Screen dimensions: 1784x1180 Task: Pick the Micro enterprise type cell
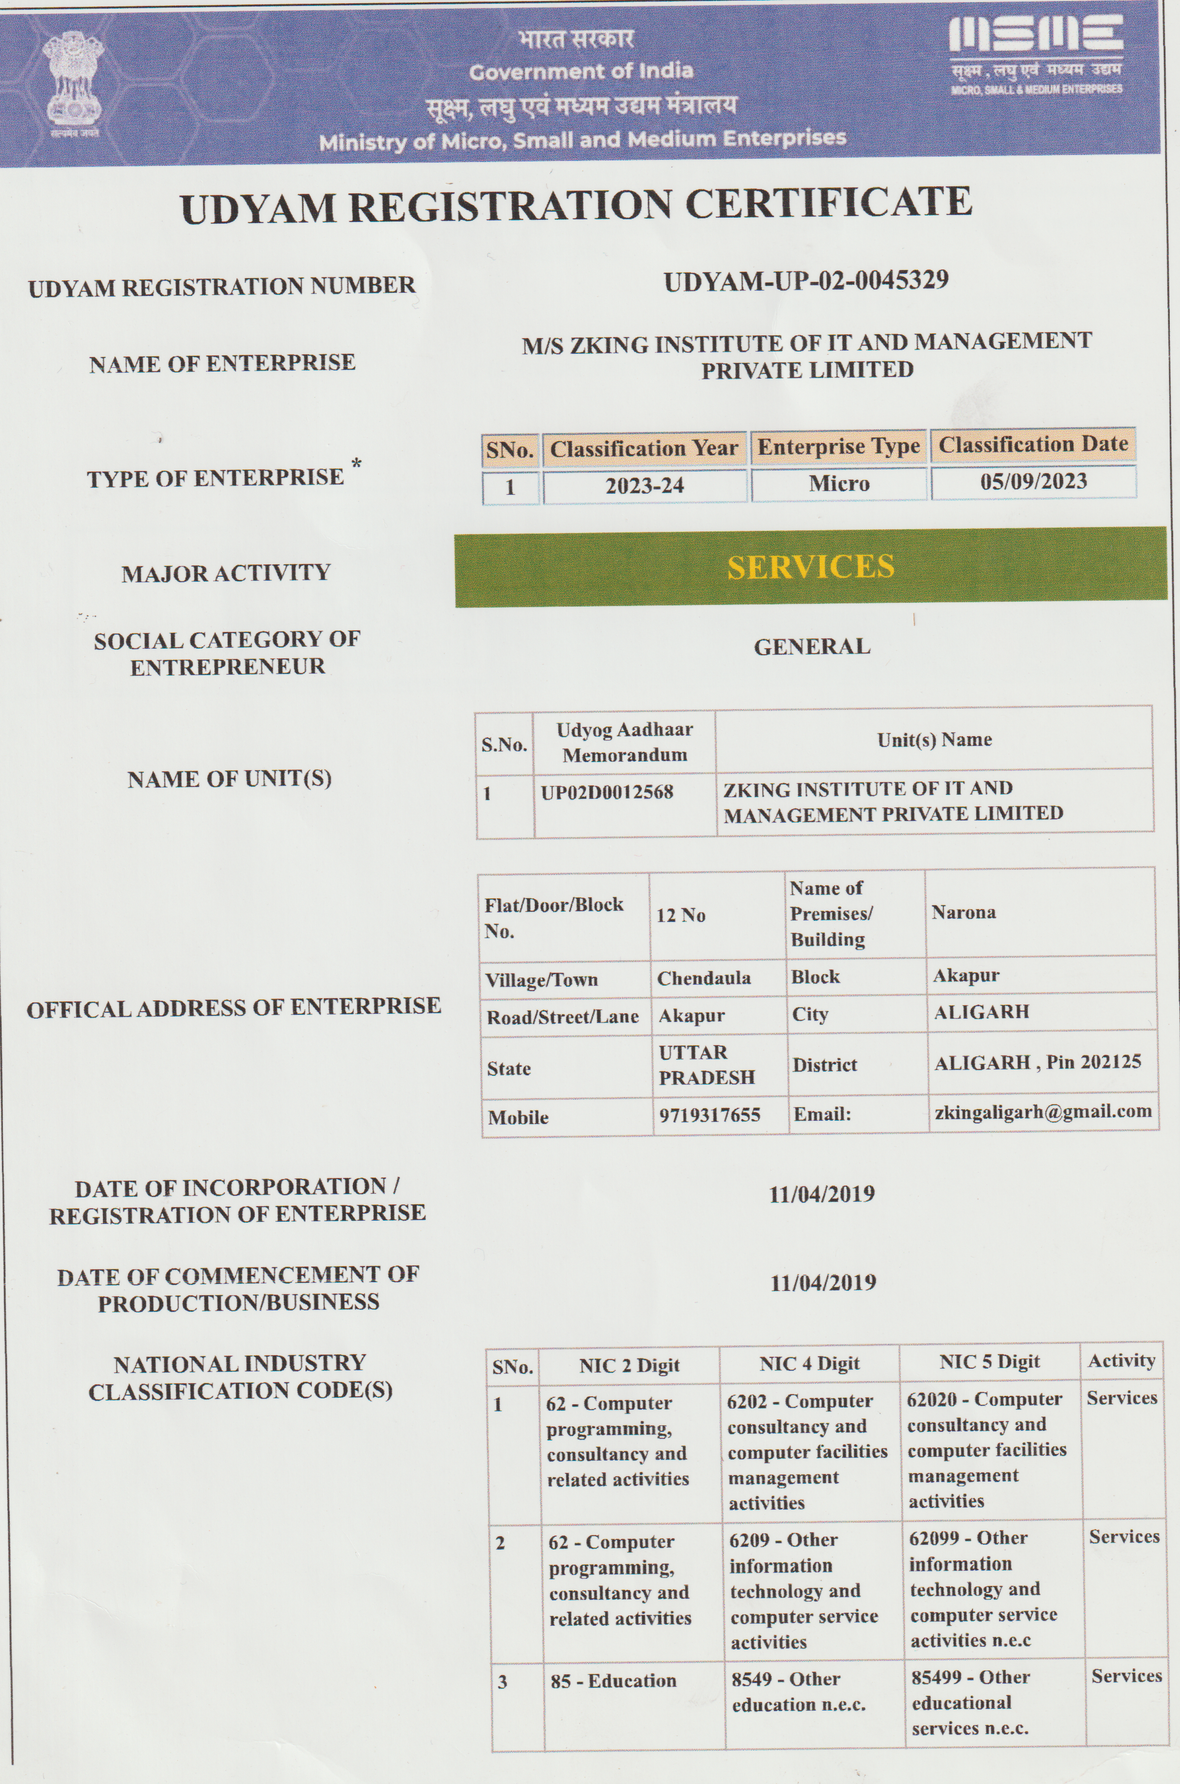pyautogui.click(x=839, y=483)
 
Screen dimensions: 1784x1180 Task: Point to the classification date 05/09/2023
pyautogui.click(x=1033, y=481)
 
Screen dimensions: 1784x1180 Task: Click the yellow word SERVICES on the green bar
pyautogui.click(x=810, y=567)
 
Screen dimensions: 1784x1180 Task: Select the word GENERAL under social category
pyautogui.click(x=812, y=647)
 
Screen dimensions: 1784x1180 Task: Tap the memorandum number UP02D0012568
pyautogui.click(x=607, y=792)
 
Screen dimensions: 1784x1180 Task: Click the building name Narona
pyautogui.click(x=963, y=912)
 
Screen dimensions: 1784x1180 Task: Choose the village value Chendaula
pyautogui.click(x=703, y=978)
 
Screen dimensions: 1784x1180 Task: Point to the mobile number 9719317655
pyautogui.click(x=709, y=1115)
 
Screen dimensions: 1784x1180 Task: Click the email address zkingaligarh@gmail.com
pyautogui.click(x=1043, y=1112)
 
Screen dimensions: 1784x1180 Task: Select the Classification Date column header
pyautogui.click(x=1033, y=445)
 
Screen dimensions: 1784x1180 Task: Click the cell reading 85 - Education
pyautogui.click(x=613, y=1681)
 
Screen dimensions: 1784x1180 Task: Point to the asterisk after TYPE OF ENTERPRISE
pyautogui.click(x=357, y=462)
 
